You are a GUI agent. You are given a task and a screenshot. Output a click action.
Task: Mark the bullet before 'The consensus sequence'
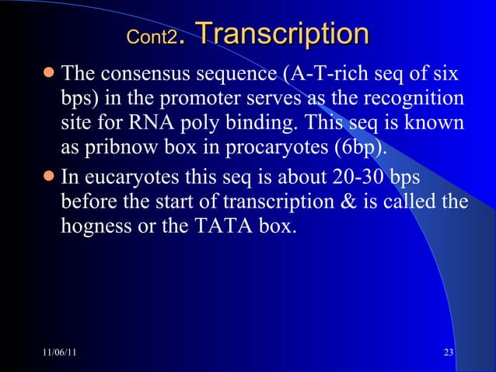coord(49,76)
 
